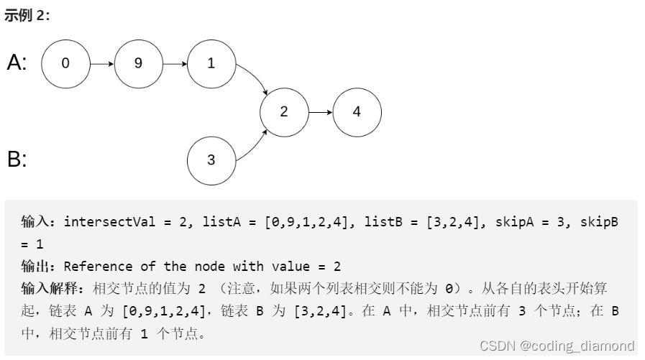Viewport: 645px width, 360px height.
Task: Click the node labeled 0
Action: coord(65,63)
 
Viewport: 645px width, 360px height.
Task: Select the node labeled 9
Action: coord(138,63)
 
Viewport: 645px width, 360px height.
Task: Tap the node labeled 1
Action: coord(211,63)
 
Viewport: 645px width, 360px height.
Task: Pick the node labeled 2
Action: coord(284,111)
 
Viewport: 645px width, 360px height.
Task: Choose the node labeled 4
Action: coord(357,111)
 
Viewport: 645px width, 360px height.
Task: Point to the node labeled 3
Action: coord(211,160)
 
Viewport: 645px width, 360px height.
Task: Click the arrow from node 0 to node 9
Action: coord(101,63)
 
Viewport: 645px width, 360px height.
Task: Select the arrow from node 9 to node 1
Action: coord(174,63)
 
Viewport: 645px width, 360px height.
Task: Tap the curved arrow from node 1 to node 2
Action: coord(255,78)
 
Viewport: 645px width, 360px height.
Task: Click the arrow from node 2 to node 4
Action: coord(320,111)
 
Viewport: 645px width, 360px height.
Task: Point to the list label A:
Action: coord(17,63)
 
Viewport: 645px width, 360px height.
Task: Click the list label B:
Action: coord(17,159)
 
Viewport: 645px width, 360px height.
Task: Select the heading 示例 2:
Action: coord(27,16)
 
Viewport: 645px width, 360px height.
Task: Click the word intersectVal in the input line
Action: coord(107,222)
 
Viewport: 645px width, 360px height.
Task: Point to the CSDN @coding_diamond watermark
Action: coord(557,346)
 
